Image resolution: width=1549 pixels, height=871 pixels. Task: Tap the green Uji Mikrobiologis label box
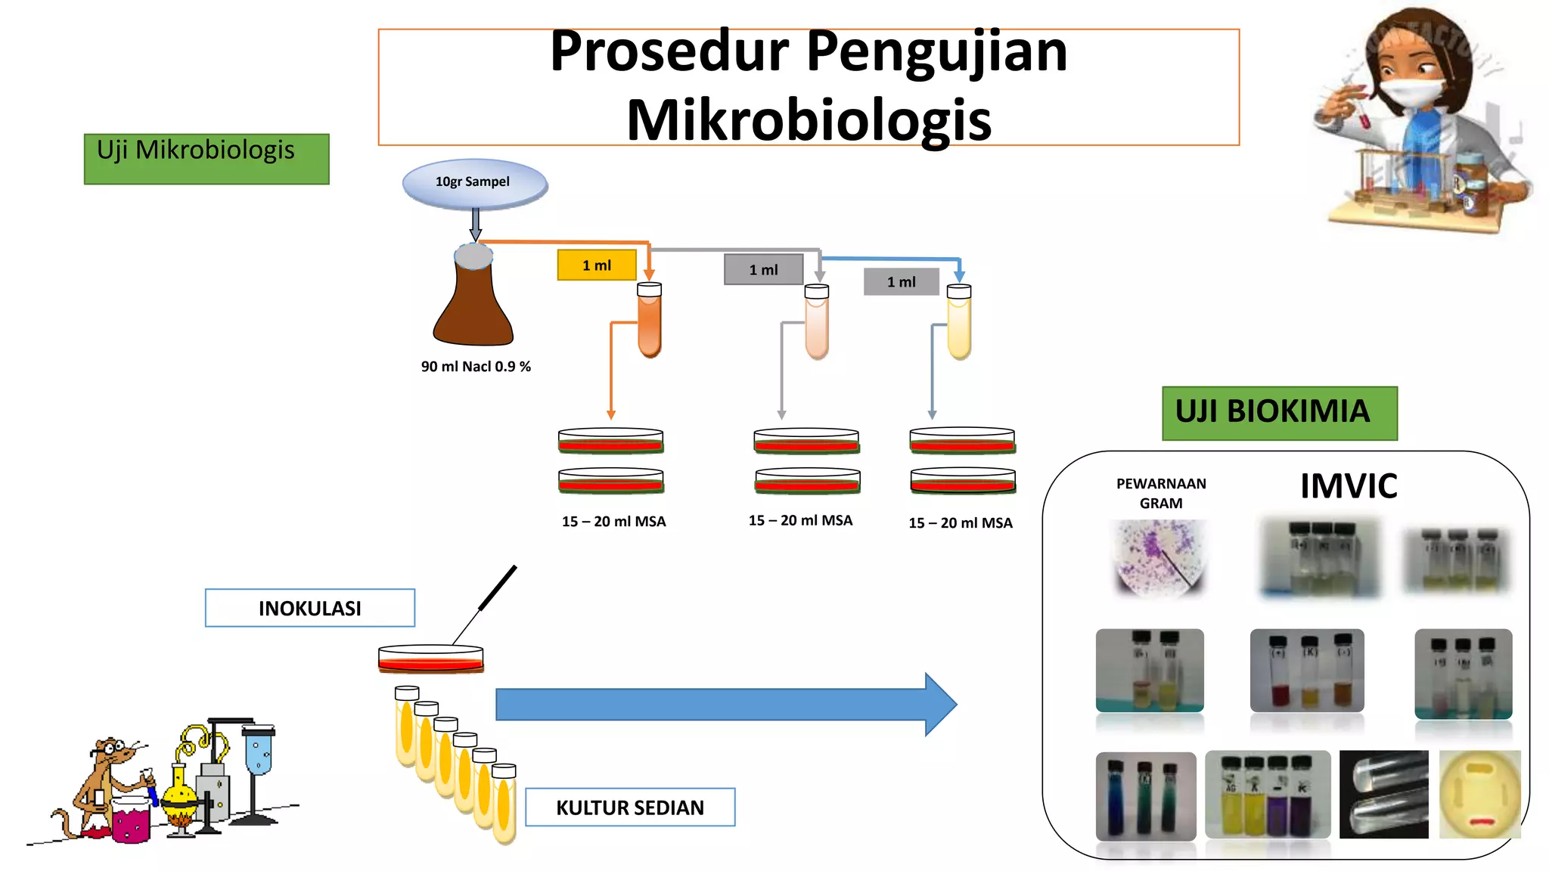point(206,159)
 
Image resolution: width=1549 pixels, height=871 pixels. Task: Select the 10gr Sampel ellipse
point(474,183)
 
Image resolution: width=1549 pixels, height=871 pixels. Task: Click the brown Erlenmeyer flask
point(473,302)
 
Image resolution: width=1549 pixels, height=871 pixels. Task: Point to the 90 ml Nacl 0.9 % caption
point(476,367)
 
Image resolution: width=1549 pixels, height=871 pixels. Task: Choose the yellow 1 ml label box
point(596,265)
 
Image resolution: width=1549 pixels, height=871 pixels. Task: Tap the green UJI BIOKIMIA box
point(1279,413)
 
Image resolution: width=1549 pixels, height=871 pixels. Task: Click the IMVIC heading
point(1349,486)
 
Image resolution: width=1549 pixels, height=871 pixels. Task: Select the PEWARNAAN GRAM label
point(1161,493)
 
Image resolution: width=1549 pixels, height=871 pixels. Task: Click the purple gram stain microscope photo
point(1159,558)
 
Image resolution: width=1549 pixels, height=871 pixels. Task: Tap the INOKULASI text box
point(310,608)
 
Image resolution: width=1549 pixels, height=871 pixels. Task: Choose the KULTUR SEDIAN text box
point(629,807)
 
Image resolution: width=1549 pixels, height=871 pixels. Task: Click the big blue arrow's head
point(939,704)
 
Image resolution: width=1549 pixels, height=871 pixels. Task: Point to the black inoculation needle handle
point(498,587)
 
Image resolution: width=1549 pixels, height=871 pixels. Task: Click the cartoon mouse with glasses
point(106,786)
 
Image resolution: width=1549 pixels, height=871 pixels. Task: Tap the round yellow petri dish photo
point(1479,794)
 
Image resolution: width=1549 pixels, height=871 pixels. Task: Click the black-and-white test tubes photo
point(1383,794)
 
